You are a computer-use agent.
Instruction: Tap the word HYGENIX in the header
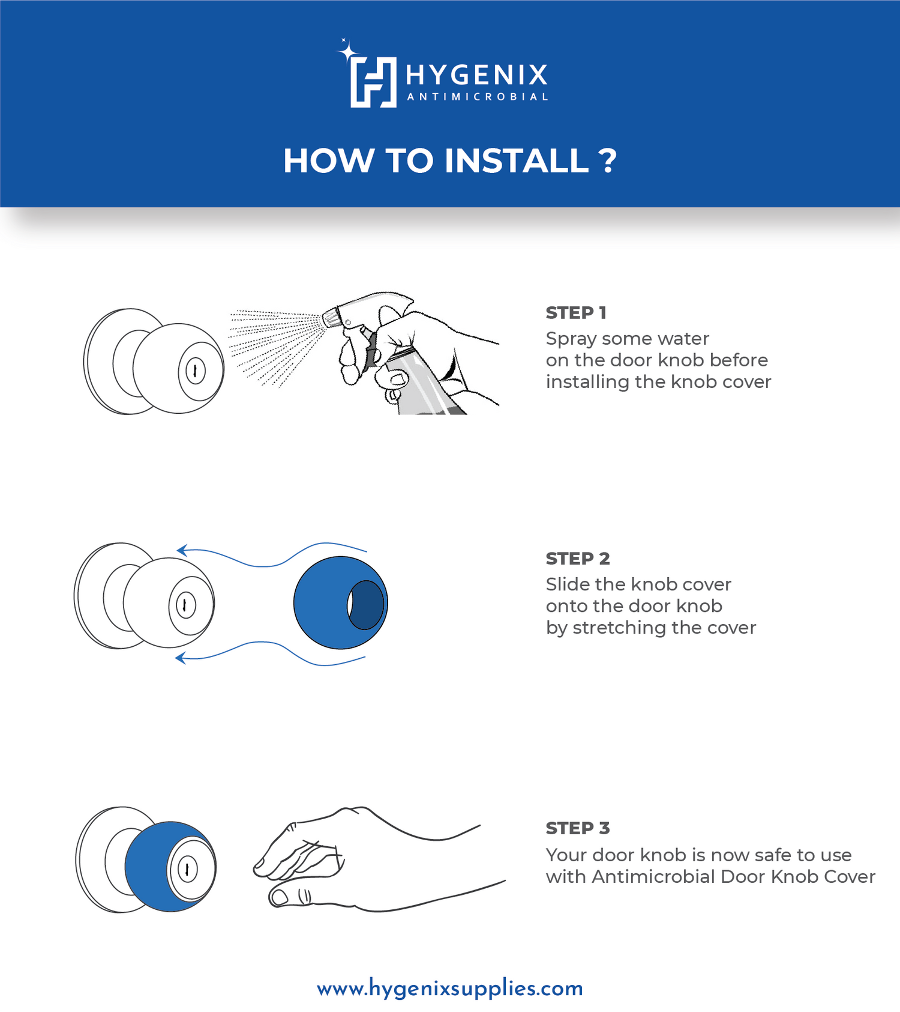tap(477, 75)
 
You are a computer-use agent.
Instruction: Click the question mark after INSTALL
tap(607, 161)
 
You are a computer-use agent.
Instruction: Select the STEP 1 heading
tap(576, 313)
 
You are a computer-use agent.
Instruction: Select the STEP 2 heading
tap(578, 559)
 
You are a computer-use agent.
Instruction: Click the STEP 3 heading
tap(578, 828)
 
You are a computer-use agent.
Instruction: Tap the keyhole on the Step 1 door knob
tap(195, 371)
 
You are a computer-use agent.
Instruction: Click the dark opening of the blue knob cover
tap(365, 605)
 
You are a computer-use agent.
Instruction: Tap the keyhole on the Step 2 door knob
tap(185, 605)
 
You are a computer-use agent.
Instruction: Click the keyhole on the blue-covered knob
tap(187, 869)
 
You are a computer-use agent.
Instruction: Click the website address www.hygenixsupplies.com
tap(450, 988)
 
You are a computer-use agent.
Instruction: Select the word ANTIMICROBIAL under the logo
tap(478, 97)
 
